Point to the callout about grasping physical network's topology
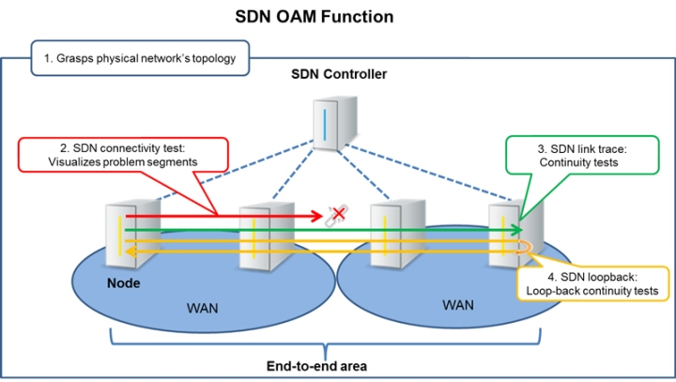point(140,57)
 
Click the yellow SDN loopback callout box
point(593,283)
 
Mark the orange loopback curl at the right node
point(524,248)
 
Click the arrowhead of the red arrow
point(315,215)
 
